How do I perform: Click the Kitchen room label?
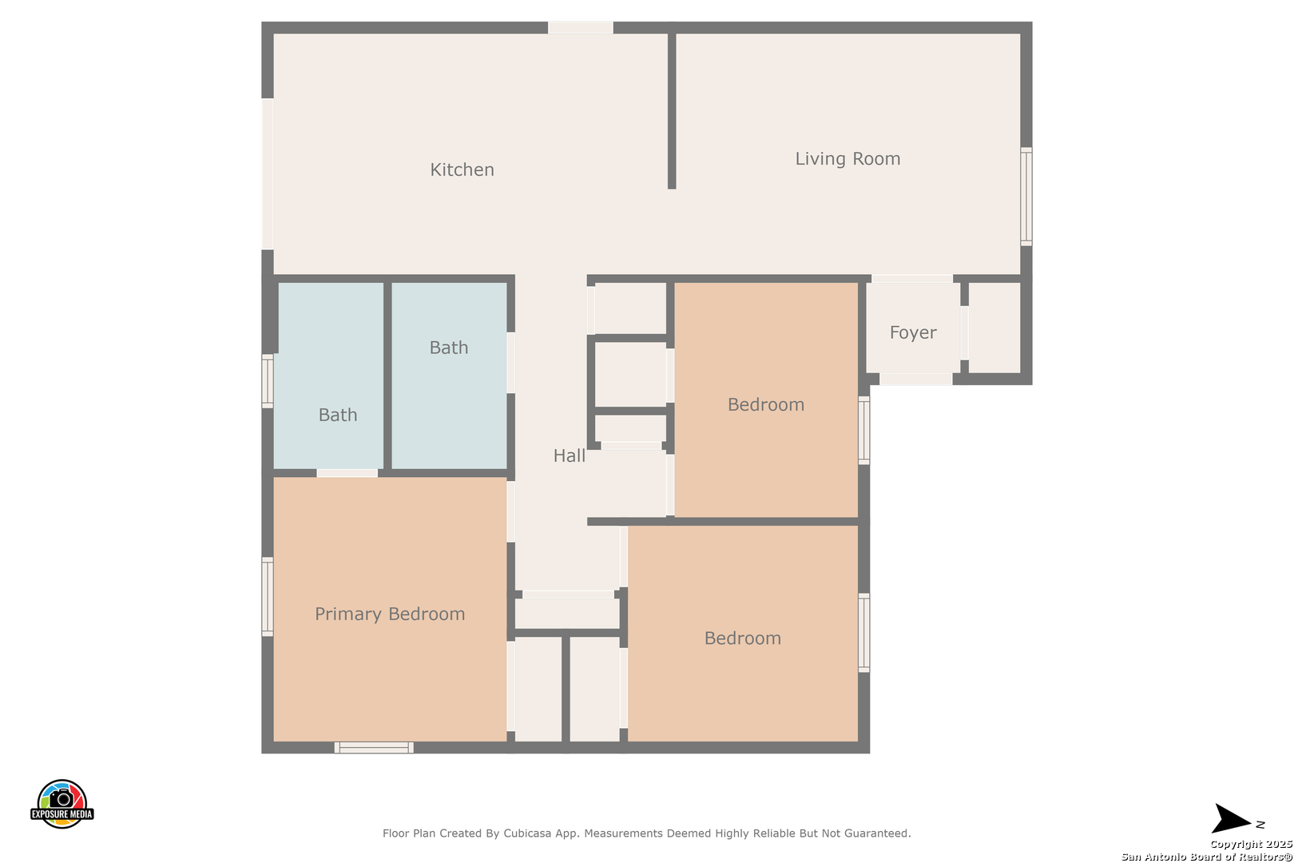462,169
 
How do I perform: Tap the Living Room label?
847,158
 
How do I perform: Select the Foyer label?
913,332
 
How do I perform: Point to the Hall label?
569,455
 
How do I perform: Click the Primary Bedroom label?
389,614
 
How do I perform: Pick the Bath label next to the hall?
448,348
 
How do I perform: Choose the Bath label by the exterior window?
337,415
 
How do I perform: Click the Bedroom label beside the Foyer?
765,404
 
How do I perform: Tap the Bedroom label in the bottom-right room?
742,638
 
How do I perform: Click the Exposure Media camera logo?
62,804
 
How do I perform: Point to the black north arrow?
1232,818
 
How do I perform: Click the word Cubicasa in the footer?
526,833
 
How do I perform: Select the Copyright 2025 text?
1251,844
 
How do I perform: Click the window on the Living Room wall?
1026,197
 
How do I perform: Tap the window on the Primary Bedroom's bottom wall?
374,747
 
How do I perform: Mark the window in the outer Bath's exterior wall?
268,381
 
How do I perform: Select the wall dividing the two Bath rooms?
387,376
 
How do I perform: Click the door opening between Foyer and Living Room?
912,279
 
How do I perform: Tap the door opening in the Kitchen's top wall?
581,28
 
